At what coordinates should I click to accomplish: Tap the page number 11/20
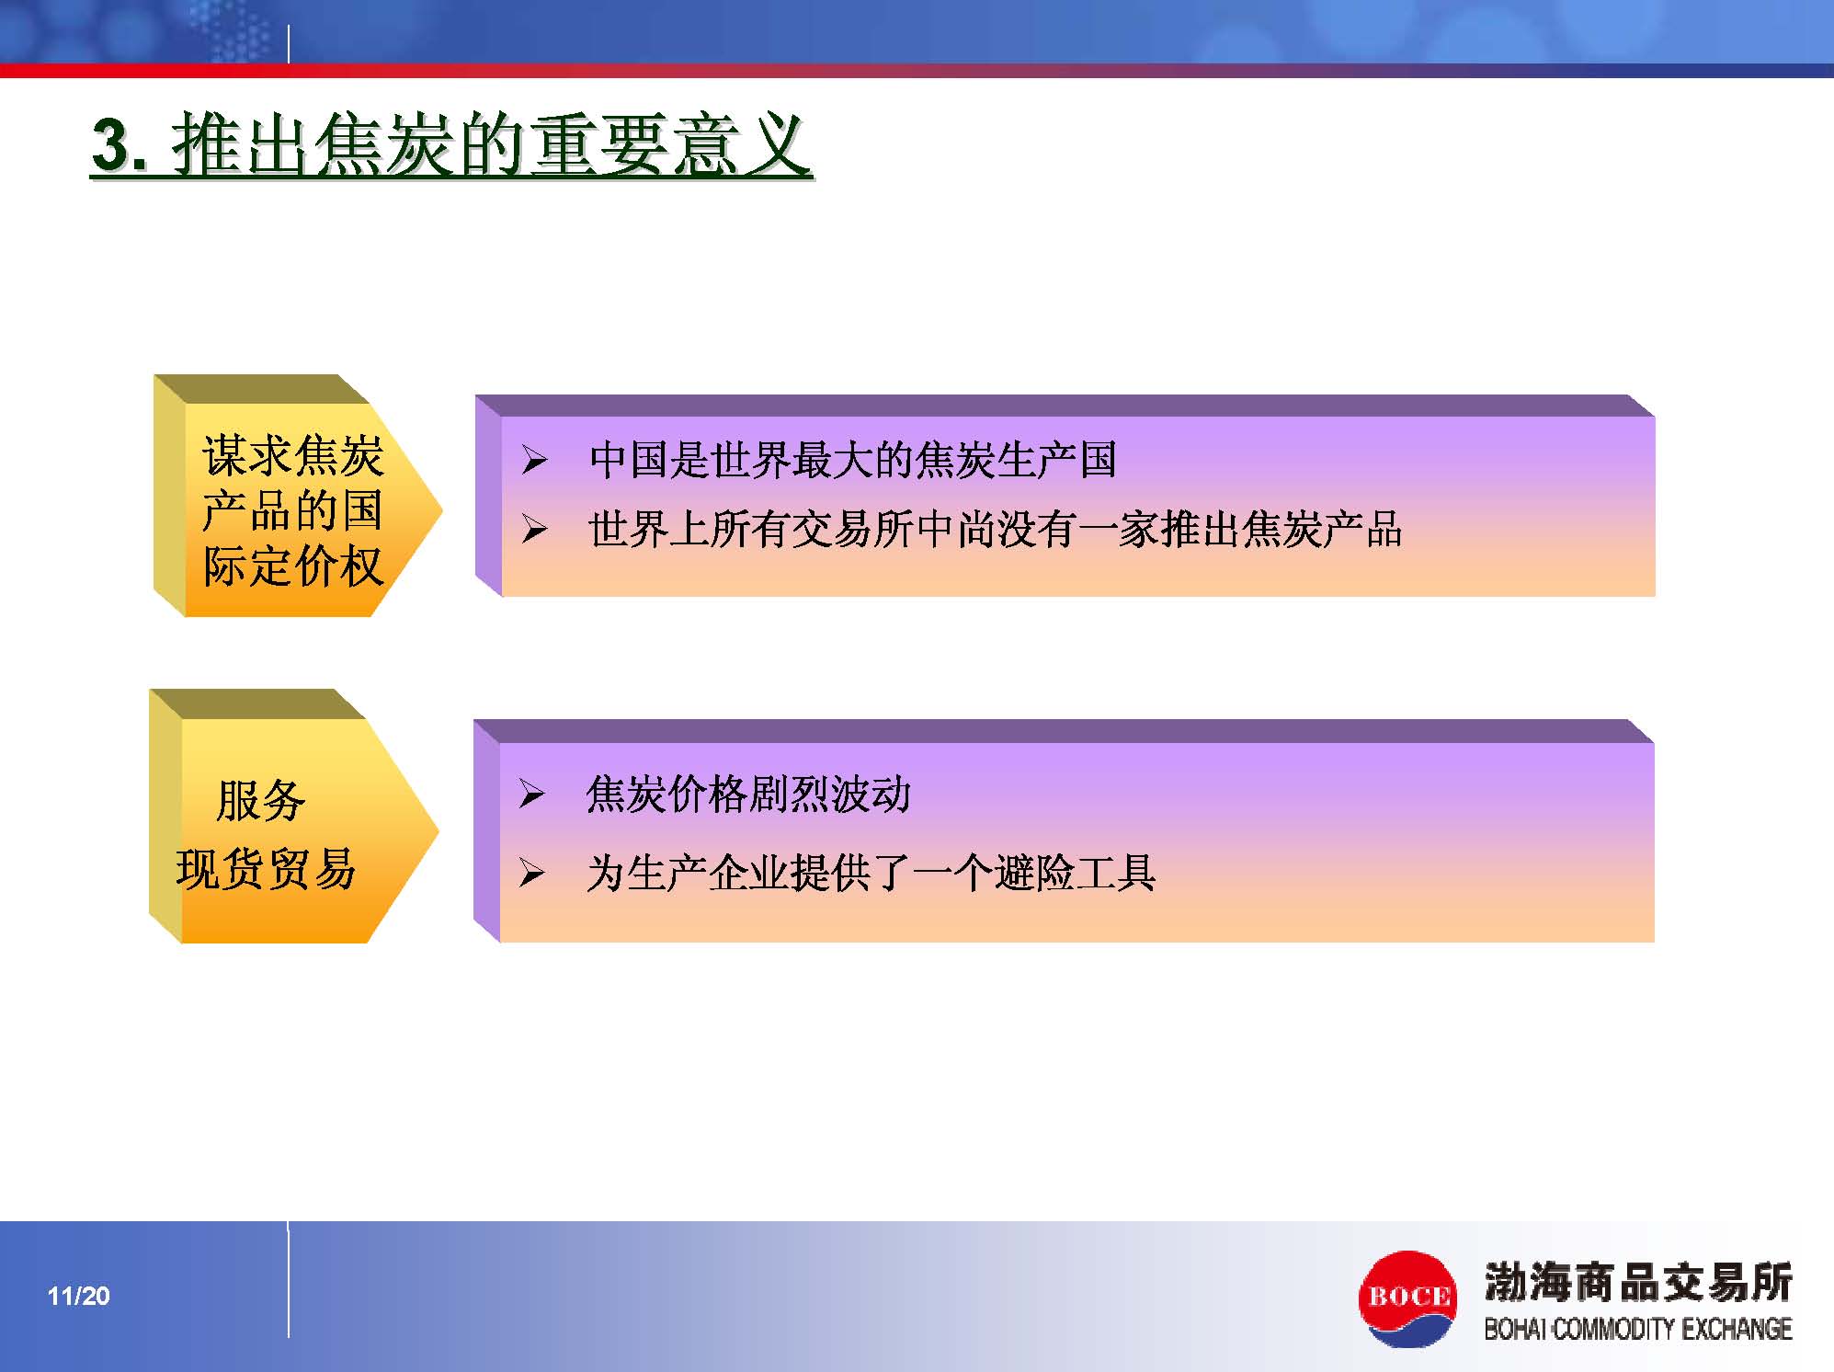(79, 1296)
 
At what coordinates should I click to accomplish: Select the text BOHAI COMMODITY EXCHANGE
(1638, 1329)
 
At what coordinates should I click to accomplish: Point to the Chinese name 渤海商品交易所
(1638, 1282)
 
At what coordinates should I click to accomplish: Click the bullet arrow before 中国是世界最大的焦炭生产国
(534, 461)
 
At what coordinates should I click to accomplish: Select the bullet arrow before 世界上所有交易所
(534, 530)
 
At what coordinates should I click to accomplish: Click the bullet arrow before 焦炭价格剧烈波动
(531, 794)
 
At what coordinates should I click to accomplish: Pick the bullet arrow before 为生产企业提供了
(531, 873)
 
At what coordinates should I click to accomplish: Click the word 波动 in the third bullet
(871, 794)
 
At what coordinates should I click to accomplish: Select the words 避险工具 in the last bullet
(1075, 873)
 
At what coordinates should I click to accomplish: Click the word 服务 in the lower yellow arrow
(260, 800)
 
